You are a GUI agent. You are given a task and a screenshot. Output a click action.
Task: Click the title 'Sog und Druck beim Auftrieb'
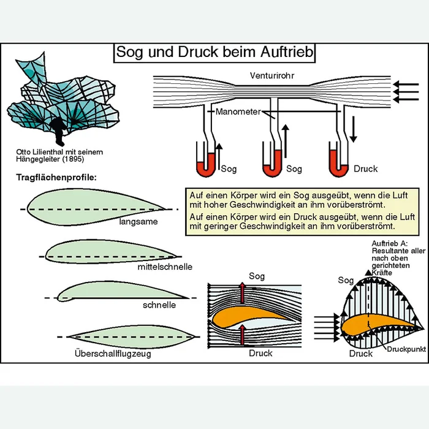coord(214,53)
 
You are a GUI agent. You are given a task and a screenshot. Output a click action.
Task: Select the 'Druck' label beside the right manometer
coord(365,169)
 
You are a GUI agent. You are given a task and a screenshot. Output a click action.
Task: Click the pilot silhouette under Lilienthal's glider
coord(58,128)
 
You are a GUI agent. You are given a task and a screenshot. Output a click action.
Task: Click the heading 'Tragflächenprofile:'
coord(56,178)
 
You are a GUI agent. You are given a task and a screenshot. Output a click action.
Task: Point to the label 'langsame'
coord(139,223)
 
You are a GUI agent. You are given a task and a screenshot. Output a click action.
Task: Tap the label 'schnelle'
coord(159,305)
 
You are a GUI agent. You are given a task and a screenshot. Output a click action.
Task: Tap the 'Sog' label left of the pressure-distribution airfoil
coord(346,280)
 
